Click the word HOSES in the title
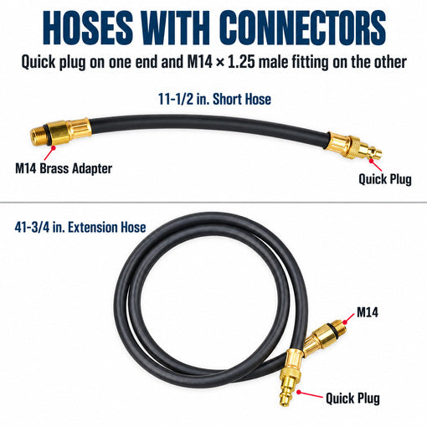(88, 28)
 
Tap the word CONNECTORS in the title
(302, 28)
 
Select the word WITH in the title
(176, 28)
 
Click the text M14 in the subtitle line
(199, 62)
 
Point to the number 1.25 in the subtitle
(241, 62)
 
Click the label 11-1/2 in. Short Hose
(214, 99)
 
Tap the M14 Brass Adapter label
(64, 168)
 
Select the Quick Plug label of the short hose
(385, 179)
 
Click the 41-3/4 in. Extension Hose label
(80, 228)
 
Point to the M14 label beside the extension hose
(368, 312)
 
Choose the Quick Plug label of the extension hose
(352, 399)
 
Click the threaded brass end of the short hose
(39, 136)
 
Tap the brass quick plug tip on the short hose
(373, 152)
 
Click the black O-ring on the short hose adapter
(49, 135)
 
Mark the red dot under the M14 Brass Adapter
(53, 147)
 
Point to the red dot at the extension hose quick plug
(299, 392)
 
